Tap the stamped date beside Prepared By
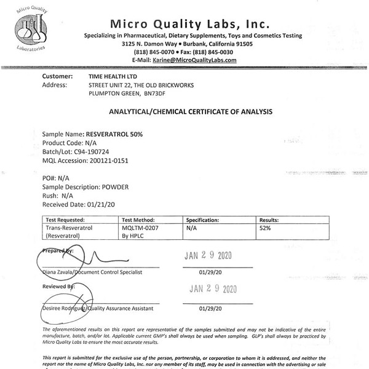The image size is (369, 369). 211,256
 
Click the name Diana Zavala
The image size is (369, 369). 61,271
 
